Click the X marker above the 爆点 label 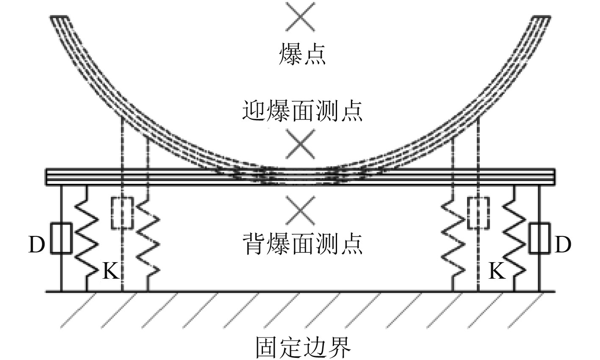[300, 16]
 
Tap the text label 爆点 [302, 55]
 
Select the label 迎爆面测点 [302, 111]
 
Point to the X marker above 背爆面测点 [300, 210]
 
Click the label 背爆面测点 [302, 244]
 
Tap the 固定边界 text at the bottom [303, 347]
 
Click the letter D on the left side [36, 245]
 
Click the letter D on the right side [562, 245]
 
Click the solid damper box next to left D [61, 238]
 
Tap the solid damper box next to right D [539, 238]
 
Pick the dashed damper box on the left [122, 213]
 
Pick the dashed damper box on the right [478, 213]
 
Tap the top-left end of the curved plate [59, 19]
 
